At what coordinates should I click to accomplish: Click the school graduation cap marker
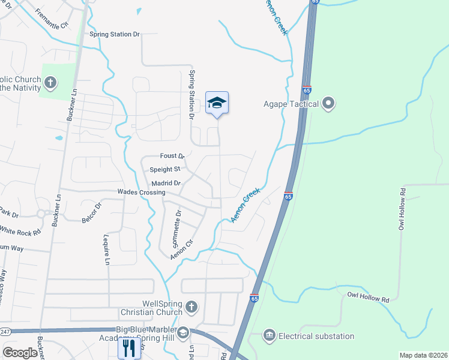click(x=217, y=103)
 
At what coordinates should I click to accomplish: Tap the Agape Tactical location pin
click(x=328, y=104)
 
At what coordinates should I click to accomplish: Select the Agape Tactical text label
click(x=291, y=104)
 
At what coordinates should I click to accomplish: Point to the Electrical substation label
click(x=316, y=336)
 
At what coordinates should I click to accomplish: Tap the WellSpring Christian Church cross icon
click(x=191, y=307)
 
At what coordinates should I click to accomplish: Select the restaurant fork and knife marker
click(x=128, y=347)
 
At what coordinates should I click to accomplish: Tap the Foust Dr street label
click(x=171, y=156)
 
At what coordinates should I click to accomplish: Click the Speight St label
click(x=165, y=169)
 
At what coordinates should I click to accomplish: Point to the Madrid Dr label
click(x=166, y=183)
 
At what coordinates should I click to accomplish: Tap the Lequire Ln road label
click(x=107, y=250)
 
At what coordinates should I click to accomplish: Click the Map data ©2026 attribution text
click(x=423, y=355)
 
